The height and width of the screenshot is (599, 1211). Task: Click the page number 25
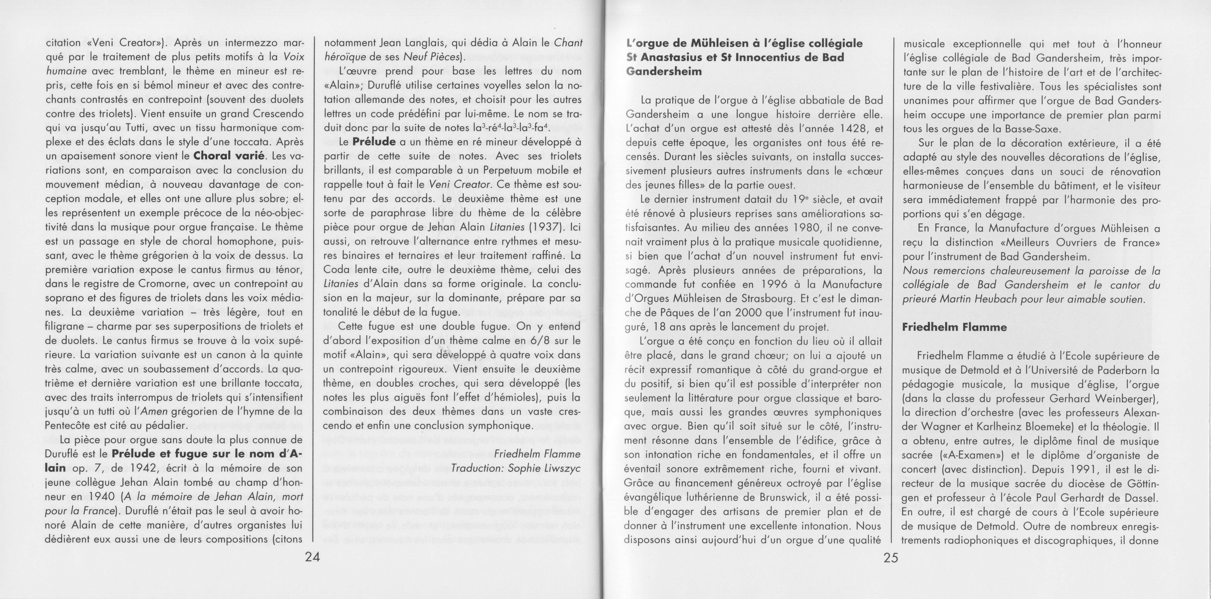(890, 558)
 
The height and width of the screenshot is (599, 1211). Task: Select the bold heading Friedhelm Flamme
(954, 327)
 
